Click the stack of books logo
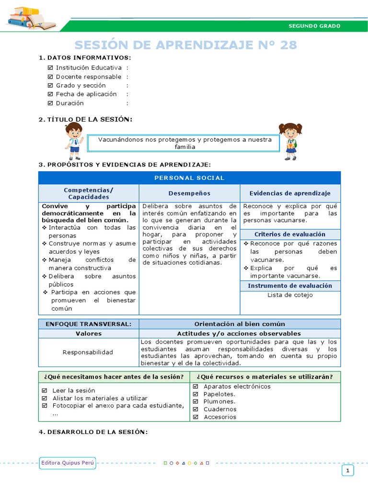32,18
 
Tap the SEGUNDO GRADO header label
314,26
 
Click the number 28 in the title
287,45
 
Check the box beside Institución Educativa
51,68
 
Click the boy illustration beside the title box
74,141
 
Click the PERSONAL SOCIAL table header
189,178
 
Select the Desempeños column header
189,193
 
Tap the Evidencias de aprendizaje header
290,193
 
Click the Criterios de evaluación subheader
290,234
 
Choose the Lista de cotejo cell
290,295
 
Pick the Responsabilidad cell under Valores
88,352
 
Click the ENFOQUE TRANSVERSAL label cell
88,324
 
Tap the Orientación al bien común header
240,324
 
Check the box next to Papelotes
195,394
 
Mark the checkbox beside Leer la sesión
44,390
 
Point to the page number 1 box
348,471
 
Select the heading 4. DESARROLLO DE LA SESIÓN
93,432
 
